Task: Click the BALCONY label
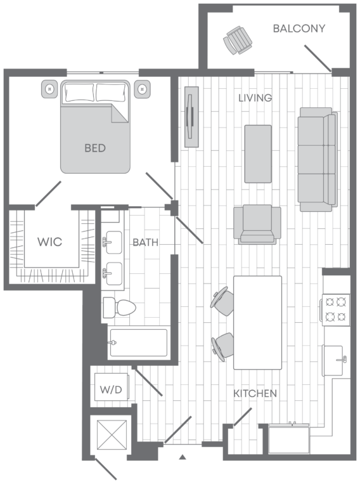(299, 29)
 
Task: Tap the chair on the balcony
(238, 40)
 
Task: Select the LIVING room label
(255, 98)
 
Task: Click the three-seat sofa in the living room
(318, 159)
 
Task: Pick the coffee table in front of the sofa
(258, 153)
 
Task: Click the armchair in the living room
(257, 225)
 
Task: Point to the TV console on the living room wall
(191, 117)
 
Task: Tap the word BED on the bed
(95, 148)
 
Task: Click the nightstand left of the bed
(49, 89)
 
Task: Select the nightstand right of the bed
(142, 89)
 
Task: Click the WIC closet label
(50, 242)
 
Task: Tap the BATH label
(146, 242)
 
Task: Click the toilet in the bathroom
(119, 307)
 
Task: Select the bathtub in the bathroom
(138, 342)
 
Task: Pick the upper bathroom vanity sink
(113, 242)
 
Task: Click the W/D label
(111, 390)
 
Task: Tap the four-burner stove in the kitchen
(336, 309)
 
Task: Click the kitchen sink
(333, 360)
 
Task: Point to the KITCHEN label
(255, 393)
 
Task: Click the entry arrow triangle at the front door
(183, 457)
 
